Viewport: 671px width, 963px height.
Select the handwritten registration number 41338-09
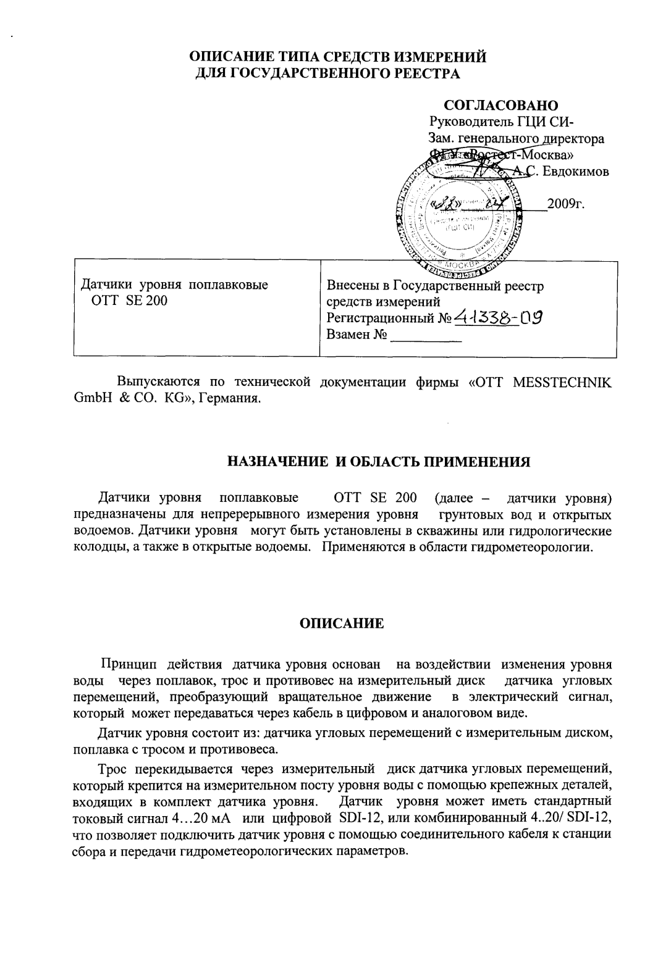point(498,317)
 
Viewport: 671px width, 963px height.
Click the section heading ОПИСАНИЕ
point(341,623)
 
